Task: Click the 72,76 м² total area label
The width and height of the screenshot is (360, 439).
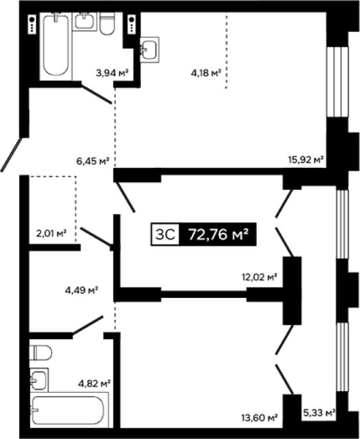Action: click(218, 235)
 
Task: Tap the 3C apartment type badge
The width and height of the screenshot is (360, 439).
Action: click(165, 235)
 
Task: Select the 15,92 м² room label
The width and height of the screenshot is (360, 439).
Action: click(306, 160)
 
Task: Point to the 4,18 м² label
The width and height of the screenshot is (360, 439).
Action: click(206, 73)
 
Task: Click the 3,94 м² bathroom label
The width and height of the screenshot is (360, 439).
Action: click(112, 73)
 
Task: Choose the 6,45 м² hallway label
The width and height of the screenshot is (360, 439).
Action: click(93, 161)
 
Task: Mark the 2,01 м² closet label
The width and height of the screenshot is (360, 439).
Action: click(51, 233)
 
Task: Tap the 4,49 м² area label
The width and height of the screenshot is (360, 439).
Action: click(81, 290)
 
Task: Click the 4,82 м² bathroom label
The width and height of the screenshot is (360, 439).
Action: click(94, 383)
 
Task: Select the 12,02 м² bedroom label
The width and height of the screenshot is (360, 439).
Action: click(260, 277)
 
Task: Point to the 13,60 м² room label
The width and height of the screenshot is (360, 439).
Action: click(260, 418)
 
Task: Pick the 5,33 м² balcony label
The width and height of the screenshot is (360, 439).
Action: click(320, 412)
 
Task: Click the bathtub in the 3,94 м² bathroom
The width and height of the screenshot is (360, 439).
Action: click(56, 45)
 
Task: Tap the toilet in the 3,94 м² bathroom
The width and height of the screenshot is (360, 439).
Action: click(107, 24)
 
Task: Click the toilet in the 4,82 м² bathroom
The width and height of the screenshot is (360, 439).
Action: click(40, 352)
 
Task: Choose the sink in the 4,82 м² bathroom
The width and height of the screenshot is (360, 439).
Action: click(38, 380)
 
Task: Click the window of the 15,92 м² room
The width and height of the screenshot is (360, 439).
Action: click(338, 81)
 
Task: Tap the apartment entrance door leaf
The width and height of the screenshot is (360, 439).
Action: click(11, 154)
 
